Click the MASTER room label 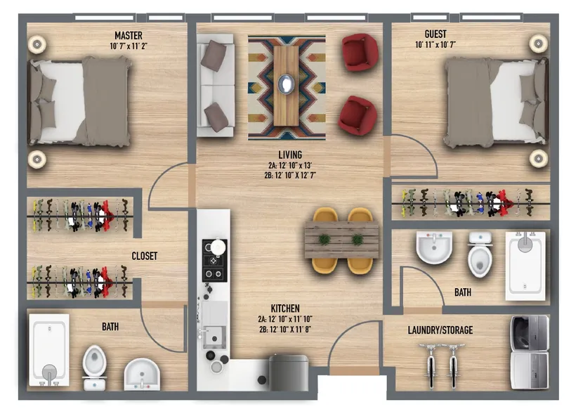(x=129, y=36)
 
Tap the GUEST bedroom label (x=435, y=34)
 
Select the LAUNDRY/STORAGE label (x=440, y=330)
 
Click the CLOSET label (x=145, y=256)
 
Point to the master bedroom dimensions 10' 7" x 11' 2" (x=129, y=46)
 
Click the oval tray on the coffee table (x=287, y=84)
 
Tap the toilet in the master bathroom (x=94, y=367)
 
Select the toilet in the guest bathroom (x=480, y=254)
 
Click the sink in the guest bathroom (x=434, y=247)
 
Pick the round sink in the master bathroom (x=142, y=375)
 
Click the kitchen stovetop (x=214, y=260)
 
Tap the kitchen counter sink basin (x=214, y=337)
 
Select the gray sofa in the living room (x=215, y=85)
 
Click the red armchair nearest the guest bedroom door (x=358, y=115)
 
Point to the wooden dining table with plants (x=341, y=240)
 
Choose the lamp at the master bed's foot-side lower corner (x=37, y=160)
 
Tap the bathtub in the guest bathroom (x=525, y=266)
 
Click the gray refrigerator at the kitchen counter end (x=289, y=372)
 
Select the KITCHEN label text (x=285, y=309)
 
